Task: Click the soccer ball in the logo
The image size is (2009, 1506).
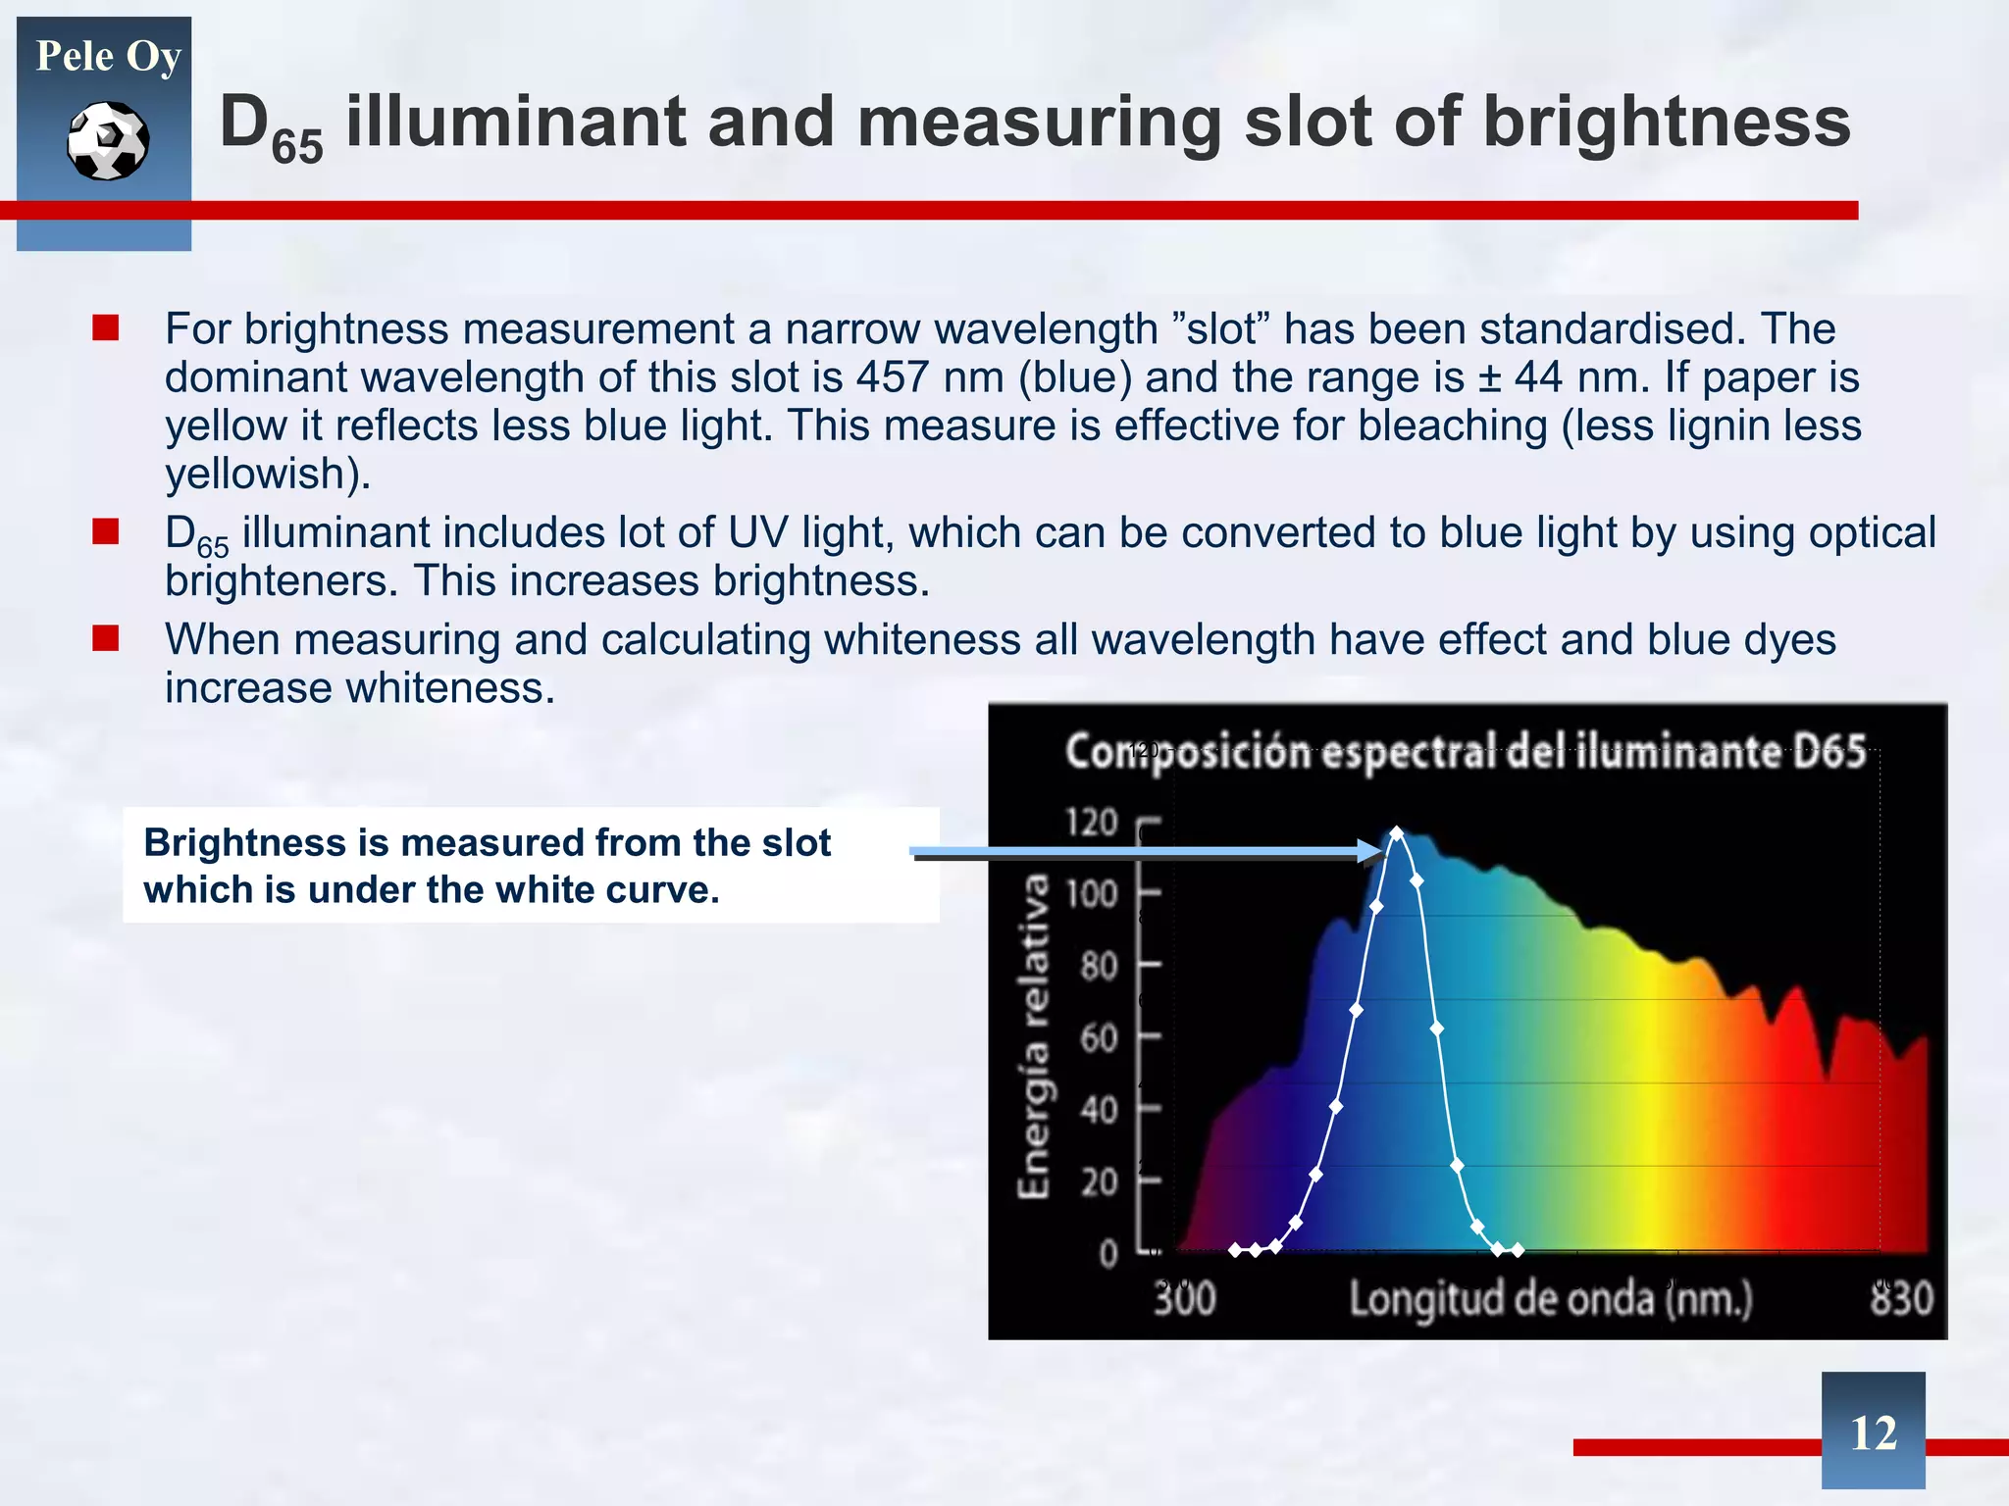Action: [108, 141]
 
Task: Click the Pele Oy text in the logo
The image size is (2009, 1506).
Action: [108, 56]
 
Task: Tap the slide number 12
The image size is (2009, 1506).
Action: [1873, 1432]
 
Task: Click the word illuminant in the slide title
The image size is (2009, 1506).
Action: [516, 122]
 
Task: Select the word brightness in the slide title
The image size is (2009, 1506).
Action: [1666, 122]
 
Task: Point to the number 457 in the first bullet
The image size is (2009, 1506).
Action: [892, 377]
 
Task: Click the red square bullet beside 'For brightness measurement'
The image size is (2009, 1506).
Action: [106, 327]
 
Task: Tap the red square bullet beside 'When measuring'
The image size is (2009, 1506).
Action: [106, 639]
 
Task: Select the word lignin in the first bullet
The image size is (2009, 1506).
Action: [1660, 426]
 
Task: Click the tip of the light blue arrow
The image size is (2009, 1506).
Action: [1381, 851]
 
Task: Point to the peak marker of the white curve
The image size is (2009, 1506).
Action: [1397, 833]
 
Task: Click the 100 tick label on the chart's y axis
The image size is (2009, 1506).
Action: [1092, 894]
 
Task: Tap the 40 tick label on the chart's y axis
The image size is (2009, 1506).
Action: [1099, 1110]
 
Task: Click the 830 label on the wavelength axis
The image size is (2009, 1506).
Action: [1900, 1298]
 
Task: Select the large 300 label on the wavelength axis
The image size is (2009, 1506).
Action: [1185, 1298]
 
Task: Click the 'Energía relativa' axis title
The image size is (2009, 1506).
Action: [1034, 1035]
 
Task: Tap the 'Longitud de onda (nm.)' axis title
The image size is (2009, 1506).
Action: [1550, 1298]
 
